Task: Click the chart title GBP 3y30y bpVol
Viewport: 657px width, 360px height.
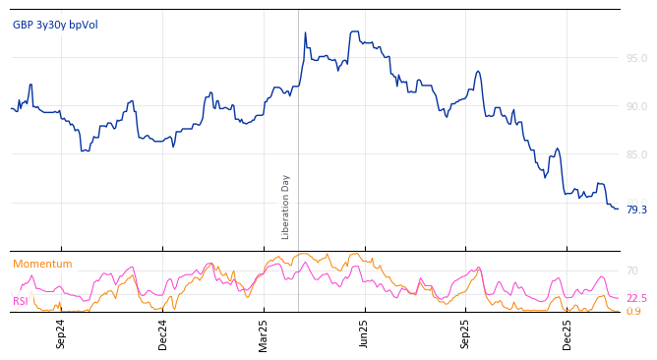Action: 55,26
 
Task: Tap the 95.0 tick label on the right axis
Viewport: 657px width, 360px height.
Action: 636,58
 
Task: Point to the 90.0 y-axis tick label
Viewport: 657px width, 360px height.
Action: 636,106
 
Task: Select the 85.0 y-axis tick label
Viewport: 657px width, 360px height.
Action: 636,154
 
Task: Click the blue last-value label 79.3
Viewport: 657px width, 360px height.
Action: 636,210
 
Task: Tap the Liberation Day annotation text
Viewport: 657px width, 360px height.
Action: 286,207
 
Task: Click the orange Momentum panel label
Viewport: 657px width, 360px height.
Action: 42,265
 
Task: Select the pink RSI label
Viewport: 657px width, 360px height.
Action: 21,301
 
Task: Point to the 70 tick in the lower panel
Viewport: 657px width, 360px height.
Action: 632,270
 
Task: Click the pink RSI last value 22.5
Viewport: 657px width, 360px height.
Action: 636,298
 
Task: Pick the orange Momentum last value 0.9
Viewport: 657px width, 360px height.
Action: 633,312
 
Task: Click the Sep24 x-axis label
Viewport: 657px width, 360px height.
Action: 61,333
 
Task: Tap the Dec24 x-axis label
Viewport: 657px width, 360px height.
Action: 163,333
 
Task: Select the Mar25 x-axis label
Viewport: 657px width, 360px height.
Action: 264,333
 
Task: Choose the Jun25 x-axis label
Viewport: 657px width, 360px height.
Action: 365,333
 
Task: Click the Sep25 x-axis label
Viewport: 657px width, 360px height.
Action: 466,333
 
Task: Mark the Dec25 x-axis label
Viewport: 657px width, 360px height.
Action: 567,333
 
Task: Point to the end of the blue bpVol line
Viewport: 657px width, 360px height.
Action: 618,209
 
